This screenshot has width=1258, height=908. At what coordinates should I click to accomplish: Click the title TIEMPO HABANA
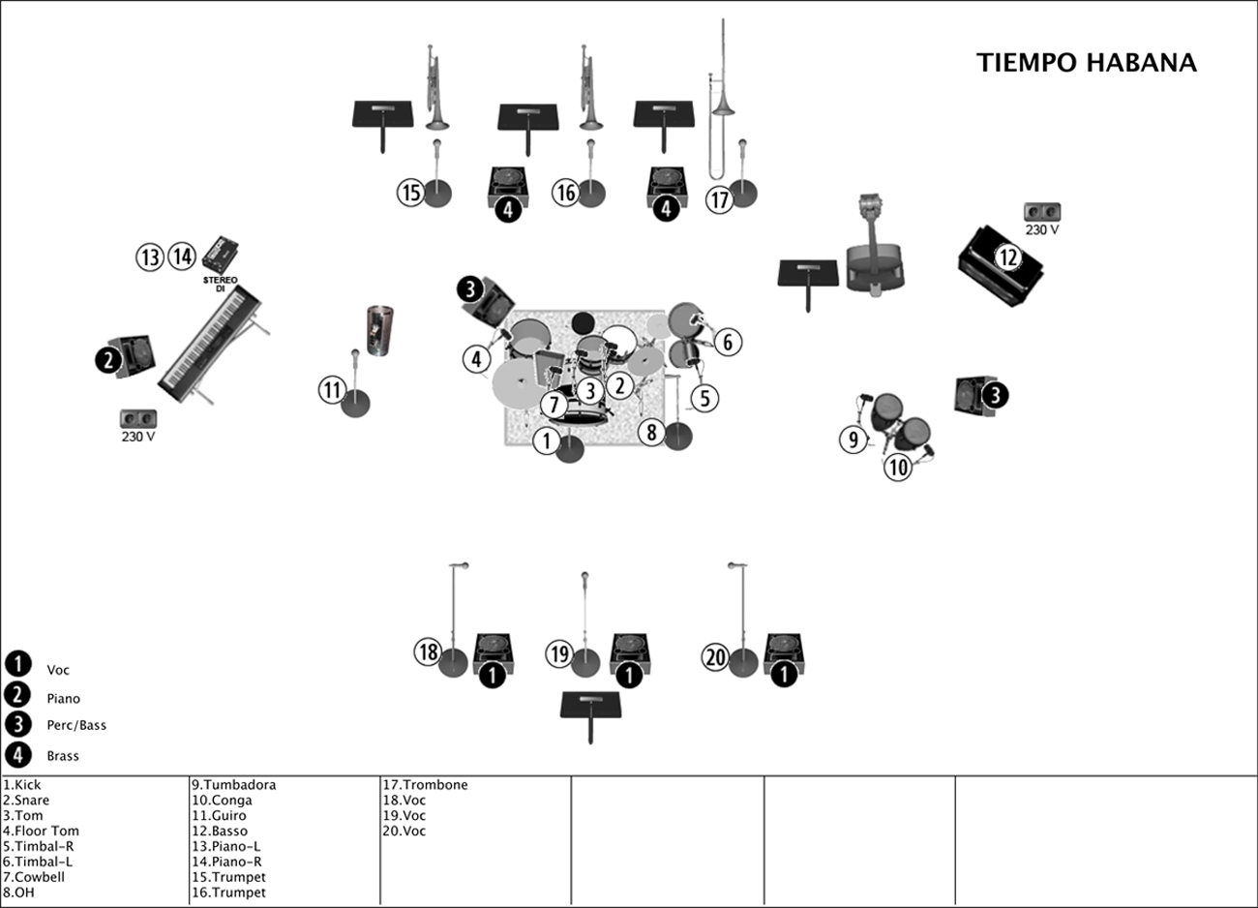pos(1086,63)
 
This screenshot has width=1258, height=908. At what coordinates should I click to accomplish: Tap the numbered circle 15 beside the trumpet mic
pos(411,193)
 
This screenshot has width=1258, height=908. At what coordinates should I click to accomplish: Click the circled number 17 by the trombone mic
pos(719,200)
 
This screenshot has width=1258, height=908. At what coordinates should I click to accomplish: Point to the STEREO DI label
pos(220,285)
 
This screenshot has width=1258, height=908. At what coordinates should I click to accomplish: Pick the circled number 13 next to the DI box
pos(150,257)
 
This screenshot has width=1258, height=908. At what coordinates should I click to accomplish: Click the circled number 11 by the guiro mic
pos(332,390)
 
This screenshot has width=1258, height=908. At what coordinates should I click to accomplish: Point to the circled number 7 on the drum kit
pos(554,405)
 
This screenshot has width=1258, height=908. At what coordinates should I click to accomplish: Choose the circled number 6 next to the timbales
pos(728,341)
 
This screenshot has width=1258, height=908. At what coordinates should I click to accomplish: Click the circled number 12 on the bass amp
pos(1008,257)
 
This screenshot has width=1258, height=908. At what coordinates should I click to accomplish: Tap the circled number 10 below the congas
pos(899,468)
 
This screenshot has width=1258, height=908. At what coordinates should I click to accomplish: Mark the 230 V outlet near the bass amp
pos(1042,213)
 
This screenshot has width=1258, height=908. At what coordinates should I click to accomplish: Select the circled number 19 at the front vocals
pos(559,654)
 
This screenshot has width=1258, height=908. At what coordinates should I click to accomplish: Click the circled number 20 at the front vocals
pos(715,658)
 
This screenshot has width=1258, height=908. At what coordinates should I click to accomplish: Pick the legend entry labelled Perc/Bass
pos(76,725)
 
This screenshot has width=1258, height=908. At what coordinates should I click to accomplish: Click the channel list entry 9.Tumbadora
pos(233,785)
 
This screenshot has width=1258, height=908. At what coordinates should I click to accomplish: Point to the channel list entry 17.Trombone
pos(425,785)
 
